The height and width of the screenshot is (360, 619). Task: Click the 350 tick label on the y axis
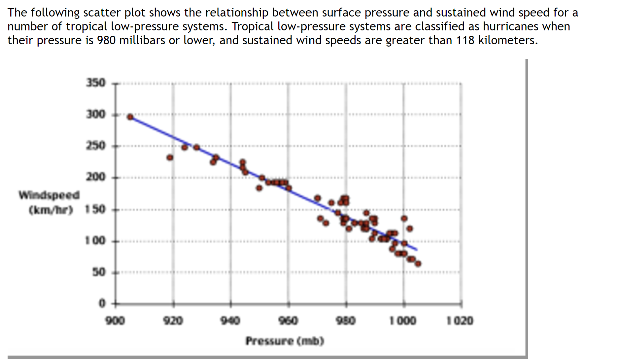coord(96,83)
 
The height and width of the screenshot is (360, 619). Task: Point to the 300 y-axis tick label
coord(96,114)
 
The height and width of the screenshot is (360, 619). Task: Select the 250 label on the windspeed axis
coord(96,145)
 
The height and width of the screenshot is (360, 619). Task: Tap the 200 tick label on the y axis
coord(96,177)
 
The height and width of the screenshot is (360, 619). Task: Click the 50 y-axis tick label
coord(99,272)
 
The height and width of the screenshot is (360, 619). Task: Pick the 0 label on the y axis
coord(102,303)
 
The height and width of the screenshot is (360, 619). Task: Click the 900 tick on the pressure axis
coord(115,320)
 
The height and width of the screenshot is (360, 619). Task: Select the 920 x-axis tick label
coord(173,320)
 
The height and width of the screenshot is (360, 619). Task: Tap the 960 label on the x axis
coord(288,320)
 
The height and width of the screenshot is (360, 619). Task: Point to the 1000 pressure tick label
coord(403,320)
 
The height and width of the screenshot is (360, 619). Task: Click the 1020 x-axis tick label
coord(460,320)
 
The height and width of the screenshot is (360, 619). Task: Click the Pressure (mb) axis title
coord(285,341)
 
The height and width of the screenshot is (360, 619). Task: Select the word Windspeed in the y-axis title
coord(49,195)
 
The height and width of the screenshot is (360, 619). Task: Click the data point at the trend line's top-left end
coord(130,117)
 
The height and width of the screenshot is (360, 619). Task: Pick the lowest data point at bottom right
coord(418,264)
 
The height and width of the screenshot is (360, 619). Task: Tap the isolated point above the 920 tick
coord(170,158)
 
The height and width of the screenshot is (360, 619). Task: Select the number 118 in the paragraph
coord(465,40)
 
